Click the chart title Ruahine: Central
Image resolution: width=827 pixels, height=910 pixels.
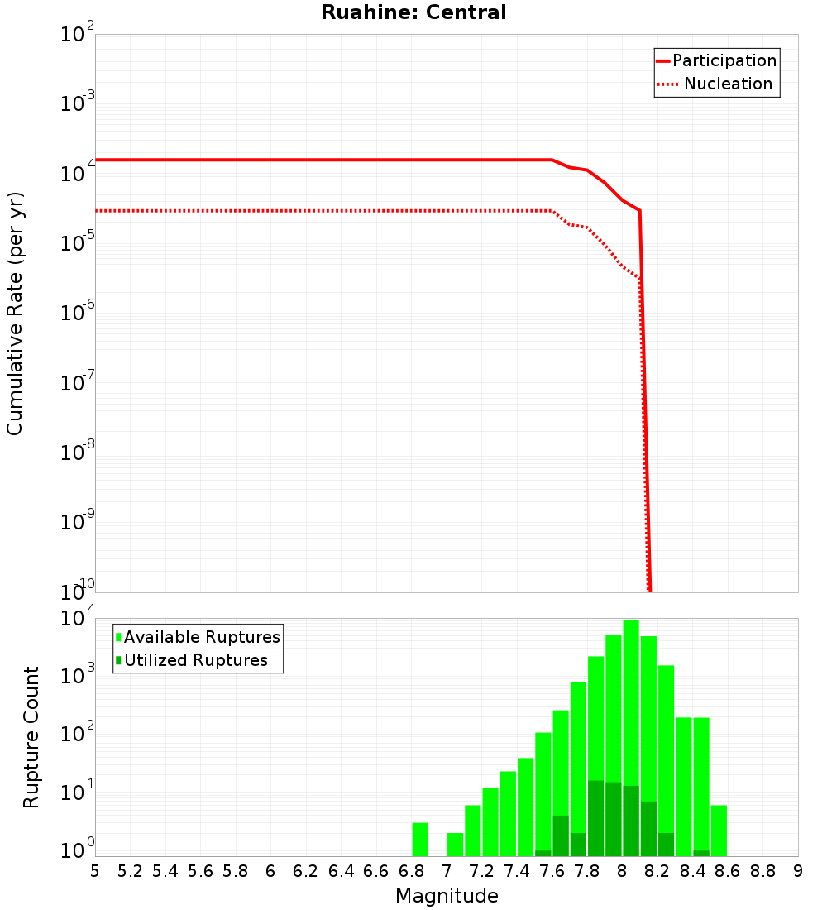(413, 12)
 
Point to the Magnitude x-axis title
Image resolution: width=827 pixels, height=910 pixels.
(447, 896)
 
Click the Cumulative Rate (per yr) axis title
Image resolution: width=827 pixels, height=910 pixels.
(15, 313)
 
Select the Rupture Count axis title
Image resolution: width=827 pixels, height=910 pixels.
(31, 737)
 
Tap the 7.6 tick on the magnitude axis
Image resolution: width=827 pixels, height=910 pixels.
(552, 870)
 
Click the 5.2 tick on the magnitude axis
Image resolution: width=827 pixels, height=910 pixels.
(130, 870)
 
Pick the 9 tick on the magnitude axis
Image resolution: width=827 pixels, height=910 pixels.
(798, 870)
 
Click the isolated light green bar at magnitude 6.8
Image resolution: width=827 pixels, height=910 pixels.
(420, 839)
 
